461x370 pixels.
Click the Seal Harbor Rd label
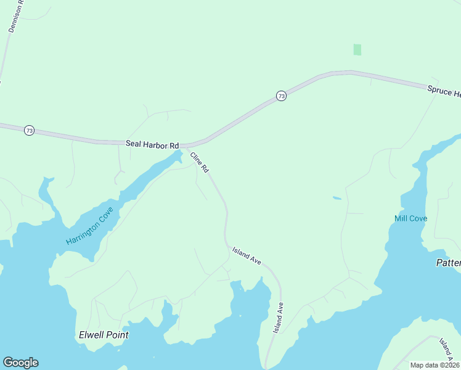tap(152, 143)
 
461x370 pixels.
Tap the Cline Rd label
tap(199, 162)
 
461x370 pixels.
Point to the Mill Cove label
tap(410, 218)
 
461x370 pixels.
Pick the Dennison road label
tap(16, 16)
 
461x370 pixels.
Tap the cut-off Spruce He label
tap(444, 92)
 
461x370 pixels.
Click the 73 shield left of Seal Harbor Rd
tap(29, 131)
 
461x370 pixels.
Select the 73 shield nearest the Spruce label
tap(281, 96)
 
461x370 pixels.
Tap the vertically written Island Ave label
tap(278, 318)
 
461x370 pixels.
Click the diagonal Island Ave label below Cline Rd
tap(247, 255)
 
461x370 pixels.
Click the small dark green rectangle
tap(357, 49)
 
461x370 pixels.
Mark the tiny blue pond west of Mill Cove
tap(337, 198)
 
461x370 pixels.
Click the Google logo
tap(20, 363)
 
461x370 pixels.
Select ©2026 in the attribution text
tap(449, 365)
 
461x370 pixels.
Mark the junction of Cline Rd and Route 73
tap(186, 145)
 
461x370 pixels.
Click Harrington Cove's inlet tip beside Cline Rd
tap(179, 152)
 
